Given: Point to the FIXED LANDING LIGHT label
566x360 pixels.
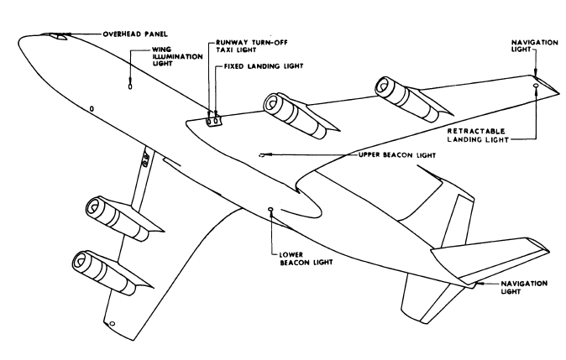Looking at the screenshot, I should pos(259,65).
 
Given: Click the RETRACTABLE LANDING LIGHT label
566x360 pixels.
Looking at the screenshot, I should pos(503,136).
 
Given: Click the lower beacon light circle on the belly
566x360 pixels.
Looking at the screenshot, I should pos(270,210).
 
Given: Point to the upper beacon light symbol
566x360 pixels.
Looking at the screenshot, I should pos(265,154).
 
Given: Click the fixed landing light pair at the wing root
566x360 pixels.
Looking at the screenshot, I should pos(213,120).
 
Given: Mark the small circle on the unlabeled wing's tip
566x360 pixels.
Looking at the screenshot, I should pos(111,324).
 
